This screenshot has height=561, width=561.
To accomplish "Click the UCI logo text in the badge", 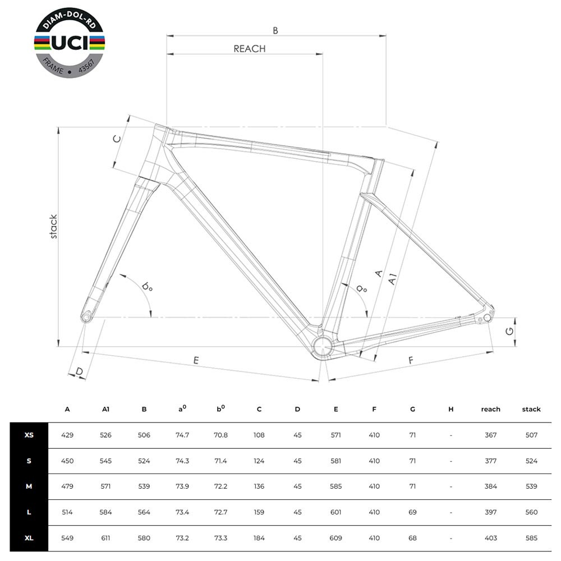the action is [70, 43].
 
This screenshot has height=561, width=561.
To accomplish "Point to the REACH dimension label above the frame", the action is [250, 49].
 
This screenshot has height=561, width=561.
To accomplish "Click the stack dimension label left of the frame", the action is [53, 227].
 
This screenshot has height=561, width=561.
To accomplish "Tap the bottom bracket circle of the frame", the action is [323, 346].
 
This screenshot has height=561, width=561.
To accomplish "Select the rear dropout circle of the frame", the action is [487, 318].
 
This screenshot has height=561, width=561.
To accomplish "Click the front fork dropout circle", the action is [86, 317].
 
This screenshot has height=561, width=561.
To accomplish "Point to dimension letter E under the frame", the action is [196, 360].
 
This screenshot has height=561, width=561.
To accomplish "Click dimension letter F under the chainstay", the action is [411, 360].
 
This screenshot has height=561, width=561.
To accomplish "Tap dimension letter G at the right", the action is [509, 332].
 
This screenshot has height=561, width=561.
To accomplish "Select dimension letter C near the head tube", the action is [117, 139].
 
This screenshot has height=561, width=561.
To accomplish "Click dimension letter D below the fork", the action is [80, 371].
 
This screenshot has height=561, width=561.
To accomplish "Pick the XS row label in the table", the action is [29, 435].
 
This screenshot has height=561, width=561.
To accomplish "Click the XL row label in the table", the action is [29, 538].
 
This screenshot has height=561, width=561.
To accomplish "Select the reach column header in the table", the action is [490, 410].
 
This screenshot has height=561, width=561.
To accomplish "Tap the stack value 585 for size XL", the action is [531, 538].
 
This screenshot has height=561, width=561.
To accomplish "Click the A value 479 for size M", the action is [67, 486].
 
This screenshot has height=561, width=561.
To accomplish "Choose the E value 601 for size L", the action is [335, 512].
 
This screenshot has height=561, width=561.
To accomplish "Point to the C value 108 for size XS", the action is [259, 435].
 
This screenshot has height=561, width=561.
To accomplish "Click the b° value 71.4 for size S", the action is [220, 461].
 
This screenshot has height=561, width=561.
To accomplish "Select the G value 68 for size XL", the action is [412, 538].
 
